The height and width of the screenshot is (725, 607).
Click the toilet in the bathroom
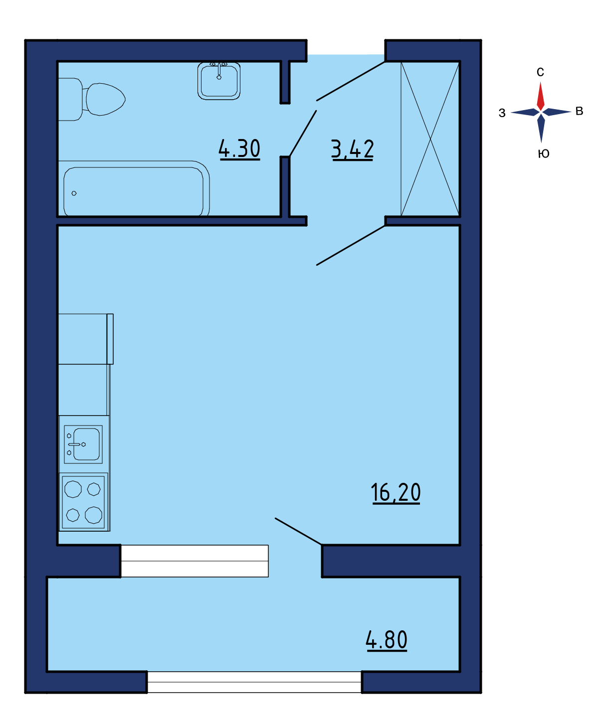tap(91, 99)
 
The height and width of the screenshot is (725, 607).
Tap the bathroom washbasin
tap(218, 81)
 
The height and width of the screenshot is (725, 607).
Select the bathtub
tap(134, 188)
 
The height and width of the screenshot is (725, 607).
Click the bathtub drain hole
tap(74, 193)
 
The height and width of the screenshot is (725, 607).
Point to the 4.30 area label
tap(239, 149)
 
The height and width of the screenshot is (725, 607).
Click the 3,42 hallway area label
tap(353, 149)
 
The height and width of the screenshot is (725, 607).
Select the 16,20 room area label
tap(396, 493)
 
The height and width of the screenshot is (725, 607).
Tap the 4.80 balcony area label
tap(387, 640)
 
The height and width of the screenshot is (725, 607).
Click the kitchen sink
tap(83, 444)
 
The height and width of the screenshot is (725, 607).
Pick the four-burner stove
tap(83, 502)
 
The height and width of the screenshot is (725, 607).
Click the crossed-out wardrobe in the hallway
tap(430, 139)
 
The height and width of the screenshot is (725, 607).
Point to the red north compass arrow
tap(540, 96)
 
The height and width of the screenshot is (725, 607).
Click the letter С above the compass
tap(540, 72)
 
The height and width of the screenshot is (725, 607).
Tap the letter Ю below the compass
tap(543, 153)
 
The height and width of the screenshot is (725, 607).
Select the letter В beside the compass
tap(579, 111)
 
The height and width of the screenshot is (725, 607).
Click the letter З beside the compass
tap(502, 113)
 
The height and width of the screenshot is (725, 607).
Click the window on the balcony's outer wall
tap(254, 682)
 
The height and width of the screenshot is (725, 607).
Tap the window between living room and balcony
tap(195, 561)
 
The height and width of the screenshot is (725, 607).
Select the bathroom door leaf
tap(303, 134)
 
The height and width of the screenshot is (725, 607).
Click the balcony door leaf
tap(298, 531)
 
